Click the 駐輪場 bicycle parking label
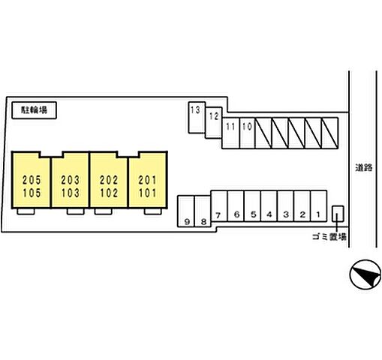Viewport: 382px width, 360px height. click(x=34, y=110)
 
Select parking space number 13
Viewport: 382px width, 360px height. click(x=197, y=117)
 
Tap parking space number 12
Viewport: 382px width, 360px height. click(x=214, y=123)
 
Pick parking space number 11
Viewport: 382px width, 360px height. click(x=230, y=133)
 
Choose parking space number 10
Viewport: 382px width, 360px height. click(x=247, y=133)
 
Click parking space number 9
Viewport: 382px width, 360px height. click(x=186, y=211)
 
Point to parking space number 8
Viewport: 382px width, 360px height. click(x=203, y=211)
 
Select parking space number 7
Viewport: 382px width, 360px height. click(x=219, y=206)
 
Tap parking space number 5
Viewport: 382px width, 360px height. click(x=252, y=206)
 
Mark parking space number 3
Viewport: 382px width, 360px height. click(x=285, y=206)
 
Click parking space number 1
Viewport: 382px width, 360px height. click(x=318, y=206)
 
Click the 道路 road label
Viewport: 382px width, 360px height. click(x=364, y=167)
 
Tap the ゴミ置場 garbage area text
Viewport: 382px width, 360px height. click(x=329, y=237)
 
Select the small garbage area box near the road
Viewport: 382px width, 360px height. click(x=338, y=214)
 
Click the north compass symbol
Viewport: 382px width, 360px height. click(x=365, y=274)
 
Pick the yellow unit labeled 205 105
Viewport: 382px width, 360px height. click(x=31, y=180)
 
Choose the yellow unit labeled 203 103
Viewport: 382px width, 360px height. click(x=70, y=180)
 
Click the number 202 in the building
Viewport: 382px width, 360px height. click(x=109, y=180)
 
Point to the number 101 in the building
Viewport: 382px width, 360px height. click(x=148, y=193)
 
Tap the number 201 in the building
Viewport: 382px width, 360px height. click(x=148, y=180)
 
